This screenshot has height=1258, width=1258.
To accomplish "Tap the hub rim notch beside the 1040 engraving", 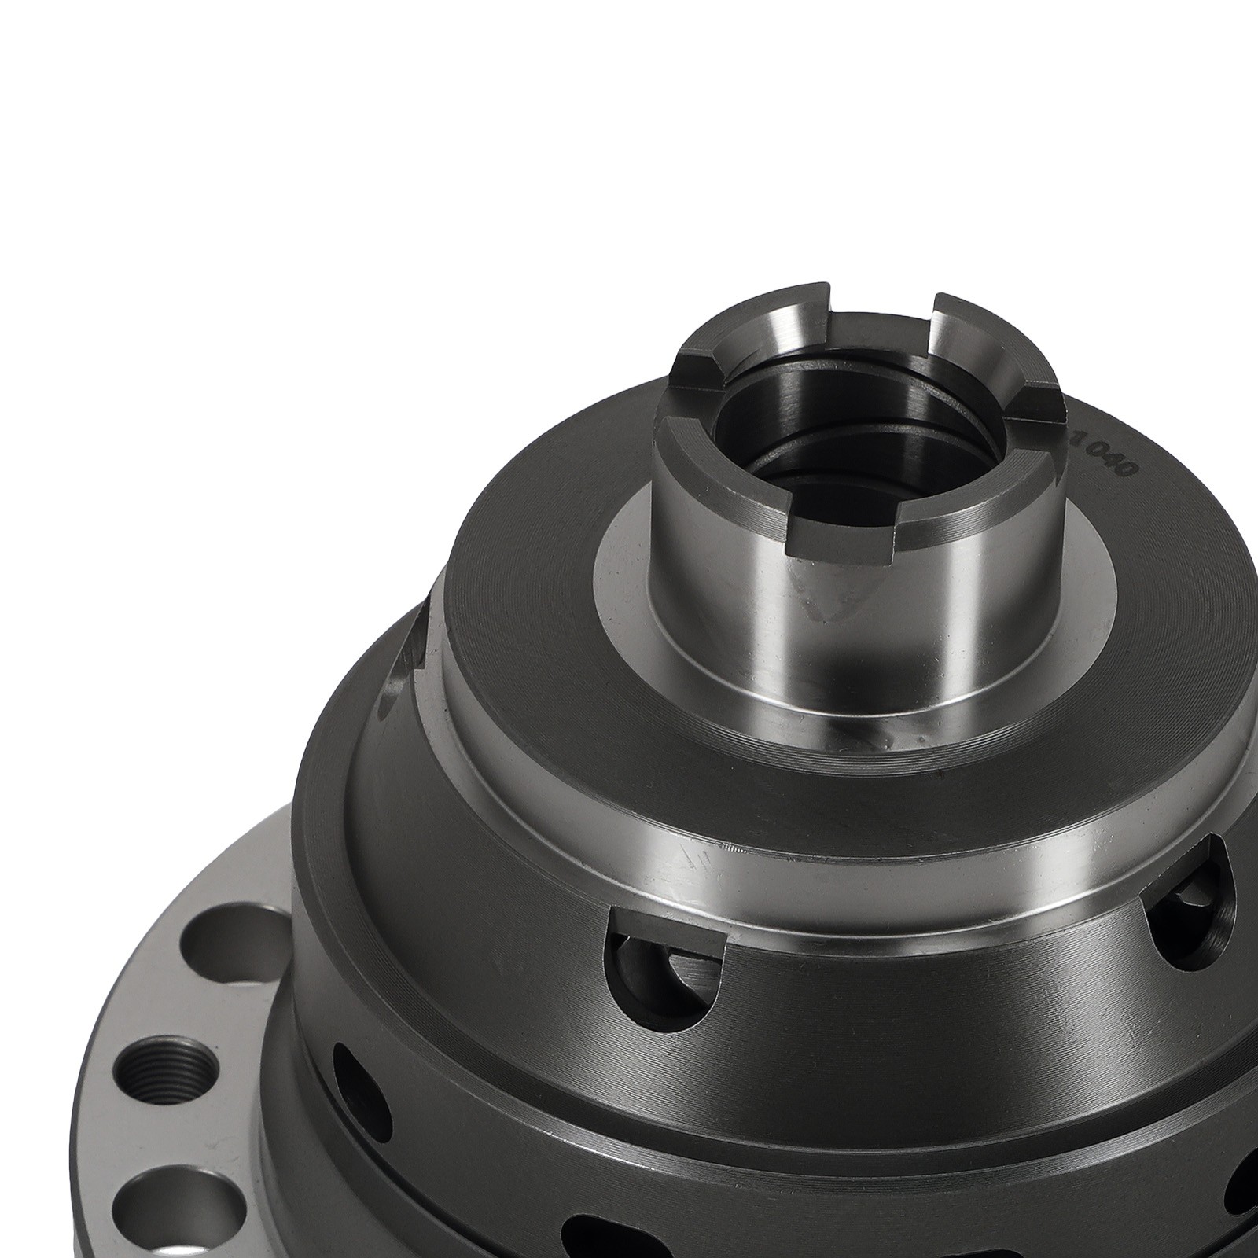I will [1039, 413].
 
